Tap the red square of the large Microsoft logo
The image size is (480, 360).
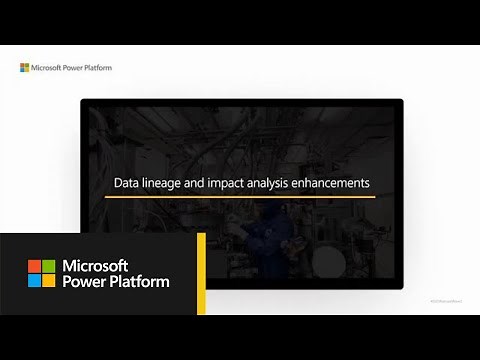[34, 267]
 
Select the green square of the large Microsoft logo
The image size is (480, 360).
[48, 267]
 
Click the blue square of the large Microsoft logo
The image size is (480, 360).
[34, 281]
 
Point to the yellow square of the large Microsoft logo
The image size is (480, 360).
[48, 281]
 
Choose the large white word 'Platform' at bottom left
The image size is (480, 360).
[140, 282]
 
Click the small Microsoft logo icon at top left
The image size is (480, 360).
[25, 68]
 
